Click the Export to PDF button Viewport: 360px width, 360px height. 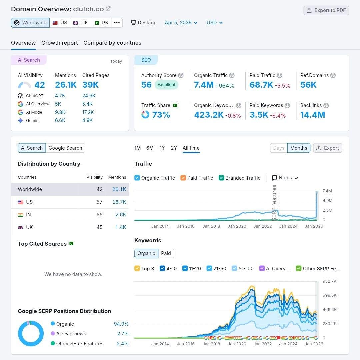pos(326,10)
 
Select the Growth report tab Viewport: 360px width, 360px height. pos(59,43)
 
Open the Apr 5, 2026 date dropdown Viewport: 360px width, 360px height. pos(181,23)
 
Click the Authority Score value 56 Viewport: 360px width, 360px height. pos(146,85)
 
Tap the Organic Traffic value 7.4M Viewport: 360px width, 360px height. pos(204,85)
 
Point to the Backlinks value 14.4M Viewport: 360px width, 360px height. pos(312,115)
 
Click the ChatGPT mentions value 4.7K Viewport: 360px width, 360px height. pos(60,96)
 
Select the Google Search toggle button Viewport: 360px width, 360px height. pos(65,148)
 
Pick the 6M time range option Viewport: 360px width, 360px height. pos(150,148)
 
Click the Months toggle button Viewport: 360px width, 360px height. pos(298,148)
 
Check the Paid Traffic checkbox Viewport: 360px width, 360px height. pos(183,178)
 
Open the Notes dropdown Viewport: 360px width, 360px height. pos(285,178)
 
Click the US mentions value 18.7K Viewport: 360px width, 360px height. pos(119,202)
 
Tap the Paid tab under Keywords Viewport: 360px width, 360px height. pos(166,253)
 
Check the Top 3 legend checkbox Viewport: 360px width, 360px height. pos(137,269)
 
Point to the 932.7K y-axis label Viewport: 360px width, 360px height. pos(329,281)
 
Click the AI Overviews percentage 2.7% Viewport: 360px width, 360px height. pos(122,334)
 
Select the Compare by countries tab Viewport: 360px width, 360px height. pos(112,43)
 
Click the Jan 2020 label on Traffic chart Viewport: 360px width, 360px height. pos(237,226)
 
